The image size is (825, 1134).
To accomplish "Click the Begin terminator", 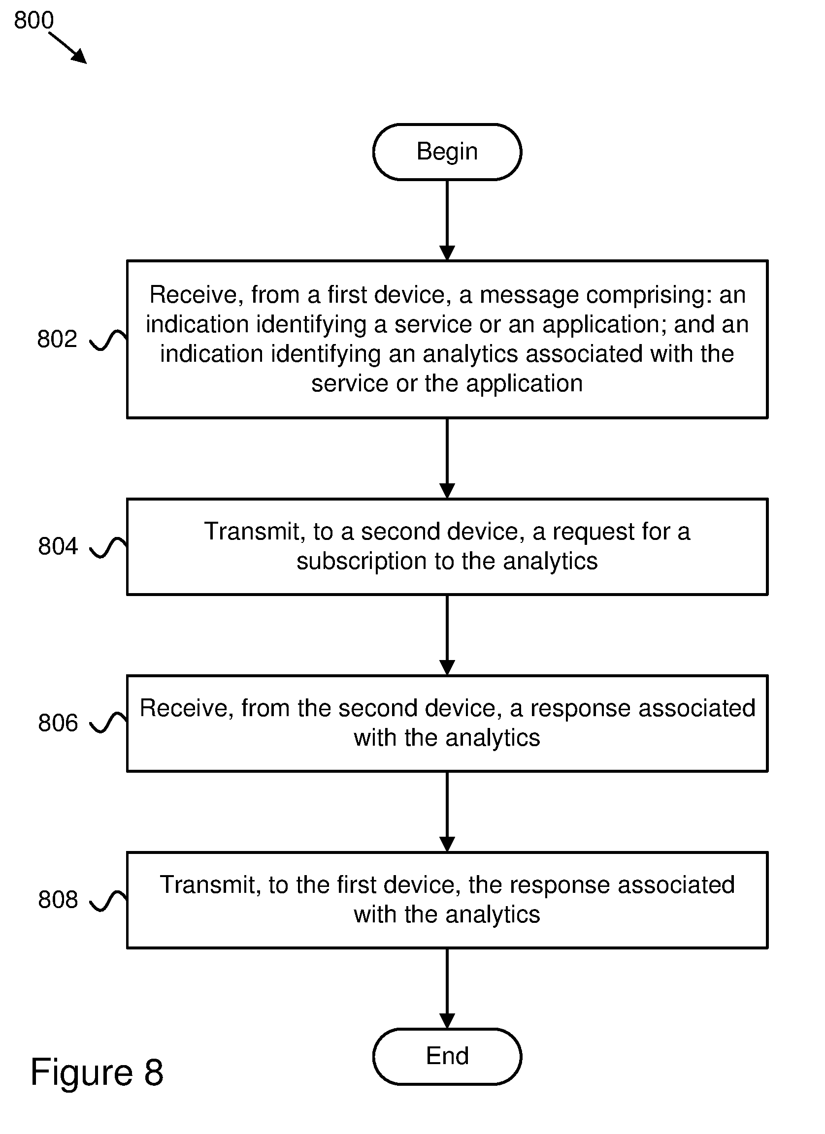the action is point(447,152).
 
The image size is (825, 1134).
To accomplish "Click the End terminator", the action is point(447,1056).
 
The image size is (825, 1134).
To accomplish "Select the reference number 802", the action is point(57,339).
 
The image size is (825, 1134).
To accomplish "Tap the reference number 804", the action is point(58,546).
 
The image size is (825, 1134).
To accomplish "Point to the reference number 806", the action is point(58,723).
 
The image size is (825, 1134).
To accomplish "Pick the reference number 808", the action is point(58,900).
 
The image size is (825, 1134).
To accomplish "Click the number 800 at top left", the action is point(33,20).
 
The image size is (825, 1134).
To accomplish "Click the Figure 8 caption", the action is point(97,1072).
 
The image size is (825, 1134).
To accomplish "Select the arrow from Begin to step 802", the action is point(447,220).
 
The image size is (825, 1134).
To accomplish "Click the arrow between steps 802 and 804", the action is point(447,459).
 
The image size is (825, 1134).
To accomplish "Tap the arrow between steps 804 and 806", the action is point(447,635).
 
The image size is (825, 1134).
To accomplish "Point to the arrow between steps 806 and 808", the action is point(447,812).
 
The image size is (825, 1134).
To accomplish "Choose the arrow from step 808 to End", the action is point(447,988).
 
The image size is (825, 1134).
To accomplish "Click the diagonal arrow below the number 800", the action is point(68,48).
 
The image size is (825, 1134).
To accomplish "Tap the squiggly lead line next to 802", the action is point(108,340).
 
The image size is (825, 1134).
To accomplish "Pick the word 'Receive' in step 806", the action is point(186,708).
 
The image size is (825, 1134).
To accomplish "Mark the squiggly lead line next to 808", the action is point(108,901).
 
